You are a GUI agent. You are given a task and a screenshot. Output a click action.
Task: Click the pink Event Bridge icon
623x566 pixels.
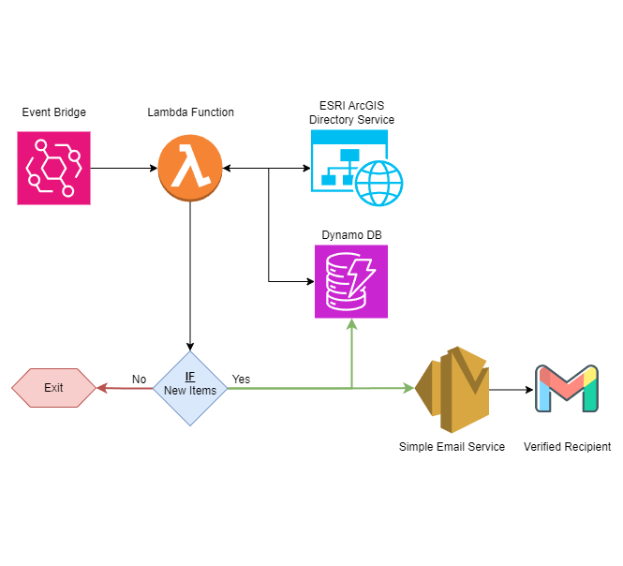click(x=53, y=168)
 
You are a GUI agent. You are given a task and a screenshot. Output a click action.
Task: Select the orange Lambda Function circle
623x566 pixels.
click(x=190, y=168)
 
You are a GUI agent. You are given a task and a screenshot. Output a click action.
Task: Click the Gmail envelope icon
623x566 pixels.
click(x=566, y=389)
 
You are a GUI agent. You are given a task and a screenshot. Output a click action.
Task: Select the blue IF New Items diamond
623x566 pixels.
click(x=190, y=388)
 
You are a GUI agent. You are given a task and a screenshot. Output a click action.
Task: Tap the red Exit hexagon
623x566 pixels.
click(x=53, y=388)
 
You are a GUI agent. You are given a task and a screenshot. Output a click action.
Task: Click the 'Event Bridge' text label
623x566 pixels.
click(x=53, y=113)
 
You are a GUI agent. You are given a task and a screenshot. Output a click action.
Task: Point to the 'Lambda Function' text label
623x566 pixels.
click(x=190, y=113)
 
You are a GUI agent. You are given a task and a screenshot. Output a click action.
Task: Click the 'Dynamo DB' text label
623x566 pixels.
click(x=351, y=233)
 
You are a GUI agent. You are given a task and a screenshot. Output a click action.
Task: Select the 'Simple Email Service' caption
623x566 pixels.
click(x=452, y=447)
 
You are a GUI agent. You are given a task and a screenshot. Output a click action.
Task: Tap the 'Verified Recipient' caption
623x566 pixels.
click(x=567, y=447)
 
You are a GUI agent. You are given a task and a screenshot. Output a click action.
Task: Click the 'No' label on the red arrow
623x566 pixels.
click(x=139, y=380)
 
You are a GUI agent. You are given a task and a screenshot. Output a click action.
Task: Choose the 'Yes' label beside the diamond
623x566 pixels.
click(x=241, y=380)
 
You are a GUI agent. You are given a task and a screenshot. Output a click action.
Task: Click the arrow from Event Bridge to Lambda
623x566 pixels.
click(x=124, y=169)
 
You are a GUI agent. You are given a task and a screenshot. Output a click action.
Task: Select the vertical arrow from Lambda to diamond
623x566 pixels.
click(x=190, y=272)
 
